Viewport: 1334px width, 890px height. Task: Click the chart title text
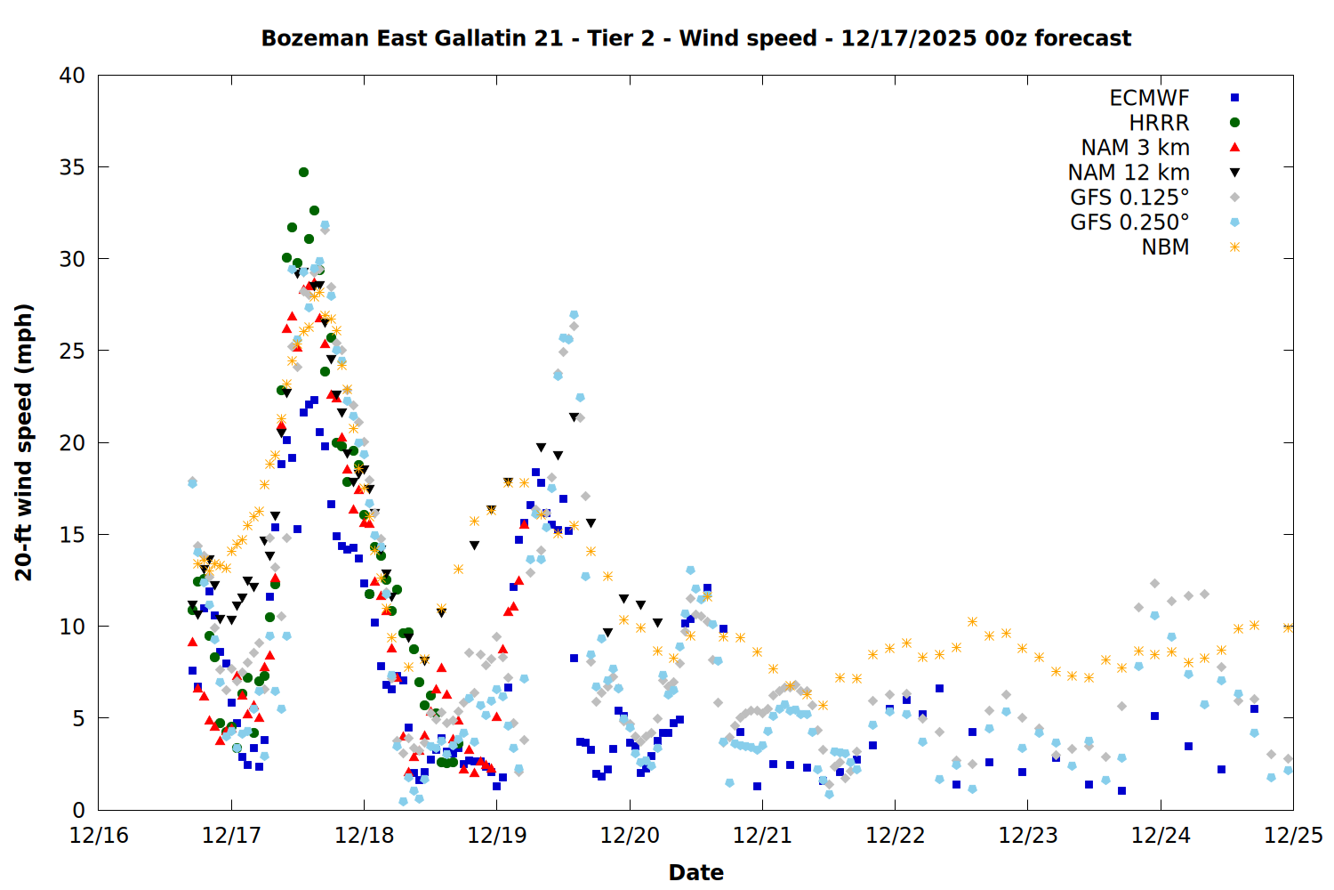(695, 38)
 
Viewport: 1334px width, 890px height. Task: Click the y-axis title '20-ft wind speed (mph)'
(23, 442)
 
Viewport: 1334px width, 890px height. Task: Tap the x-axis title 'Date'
(695, 872)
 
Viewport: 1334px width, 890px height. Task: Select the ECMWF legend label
(1149, 98)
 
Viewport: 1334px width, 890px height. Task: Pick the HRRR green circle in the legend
(1234, 123)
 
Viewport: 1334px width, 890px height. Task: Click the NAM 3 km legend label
(1135, 148)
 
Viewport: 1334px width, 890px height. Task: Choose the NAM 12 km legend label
(1129, 173)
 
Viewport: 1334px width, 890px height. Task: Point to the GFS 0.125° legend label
(1129, 198)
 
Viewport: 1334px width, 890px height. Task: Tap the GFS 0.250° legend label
(1129, 222)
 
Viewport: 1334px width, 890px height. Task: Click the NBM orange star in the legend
(1234, 247)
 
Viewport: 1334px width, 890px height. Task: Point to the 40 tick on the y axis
(73, 76)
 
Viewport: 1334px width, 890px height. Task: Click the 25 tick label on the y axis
(73, 351)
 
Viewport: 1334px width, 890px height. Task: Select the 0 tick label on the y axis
(79, 810)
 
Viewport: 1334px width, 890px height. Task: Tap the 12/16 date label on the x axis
(99, 836)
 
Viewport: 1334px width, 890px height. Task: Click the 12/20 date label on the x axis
(630, 836)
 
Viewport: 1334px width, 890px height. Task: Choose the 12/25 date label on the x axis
(1293, 836)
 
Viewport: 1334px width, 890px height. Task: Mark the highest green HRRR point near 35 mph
(303, 172)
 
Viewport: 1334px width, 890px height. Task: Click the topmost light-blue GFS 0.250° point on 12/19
(574, 315)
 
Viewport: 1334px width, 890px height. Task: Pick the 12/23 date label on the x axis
(1028, 836)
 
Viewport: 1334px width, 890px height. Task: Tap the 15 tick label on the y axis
(73, 534)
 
